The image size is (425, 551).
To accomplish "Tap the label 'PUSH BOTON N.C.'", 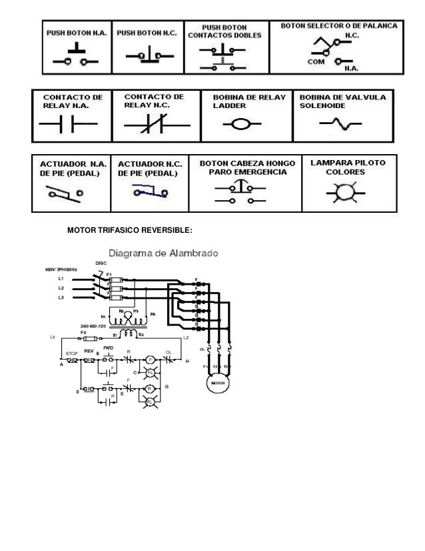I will (x=147, y=32).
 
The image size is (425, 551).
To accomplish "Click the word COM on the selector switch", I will (x=315, y=61).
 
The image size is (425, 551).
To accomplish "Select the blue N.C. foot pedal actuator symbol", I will (x=149, y=193).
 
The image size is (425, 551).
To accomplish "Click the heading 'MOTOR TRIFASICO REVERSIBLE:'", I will (x=130, y=230).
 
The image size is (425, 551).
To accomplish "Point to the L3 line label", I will (x=61, y=298).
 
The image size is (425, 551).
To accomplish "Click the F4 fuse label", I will (x=83, y=331).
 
